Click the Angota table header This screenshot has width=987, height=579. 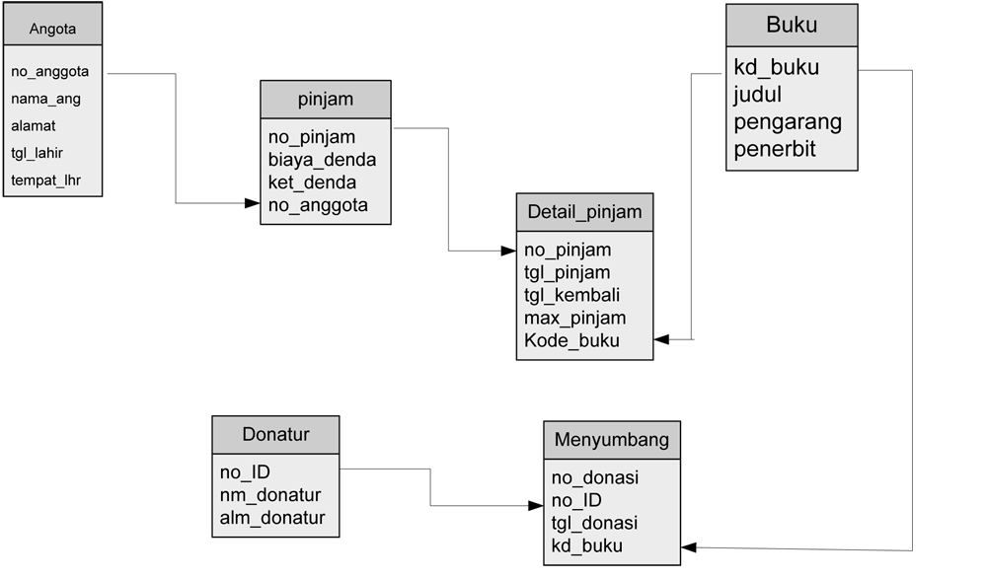52,29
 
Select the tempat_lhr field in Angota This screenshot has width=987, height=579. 45,181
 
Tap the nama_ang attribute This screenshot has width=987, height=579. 45,99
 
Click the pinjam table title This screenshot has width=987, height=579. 326,100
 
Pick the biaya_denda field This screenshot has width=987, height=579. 322,160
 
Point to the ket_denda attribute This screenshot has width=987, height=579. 312,182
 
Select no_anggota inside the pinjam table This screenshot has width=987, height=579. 318,205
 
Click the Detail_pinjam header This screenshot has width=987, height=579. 584,212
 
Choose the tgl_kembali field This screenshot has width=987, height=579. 572,295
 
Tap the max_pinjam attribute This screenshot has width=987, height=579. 574,318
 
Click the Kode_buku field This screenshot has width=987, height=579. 571,340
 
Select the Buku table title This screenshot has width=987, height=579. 792,26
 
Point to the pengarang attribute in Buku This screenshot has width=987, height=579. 788,122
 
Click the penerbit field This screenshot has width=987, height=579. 775,150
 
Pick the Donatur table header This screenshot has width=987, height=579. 275,434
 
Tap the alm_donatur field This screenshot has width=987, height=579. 272,518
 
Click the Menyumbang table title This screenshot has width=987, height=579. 611,440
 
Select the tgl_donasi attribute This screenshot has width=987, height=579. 594,523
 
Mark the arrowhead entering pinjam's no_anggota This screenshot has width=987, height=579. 253,203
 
